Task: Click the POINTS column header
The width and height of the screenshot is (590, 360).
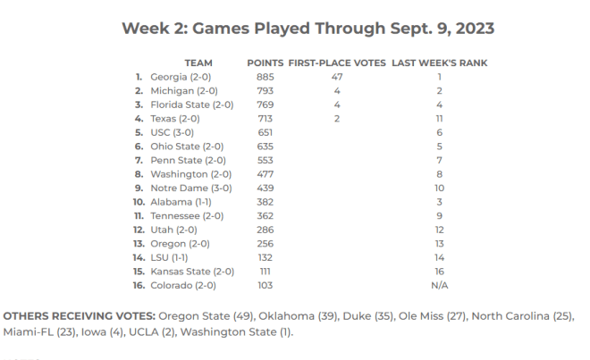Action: coord(265,63)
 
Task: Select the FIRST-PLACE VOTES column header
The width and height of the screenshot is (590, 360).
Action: coord(337,63)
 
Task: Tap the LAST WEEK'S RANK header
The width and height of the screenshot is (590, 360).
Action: coord(440,63)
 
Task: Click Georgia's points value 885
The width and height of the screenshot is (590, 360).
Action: coord(265,77)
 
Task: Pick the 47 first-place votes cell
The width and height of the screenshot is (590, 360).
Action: coord(337,77)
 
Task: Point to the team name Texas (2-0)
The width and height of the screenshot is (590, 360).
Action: coord(175,119)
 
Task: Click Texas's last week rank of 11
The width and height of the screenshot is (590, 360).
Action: coord(440,119)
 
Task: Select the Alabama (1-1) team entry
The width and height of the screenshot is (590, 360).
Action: coord(181,202)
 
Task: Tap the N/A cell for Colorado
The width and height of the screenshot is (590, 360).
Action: coord(440,286)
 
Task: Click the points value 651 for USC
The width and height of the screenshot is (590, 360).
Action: coord(265,132)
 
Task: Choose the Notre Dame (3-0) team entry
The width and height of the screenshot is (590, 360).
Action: coord(191,188)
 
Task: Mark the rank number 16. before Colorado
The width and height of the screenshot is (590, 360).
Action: coord(139,286)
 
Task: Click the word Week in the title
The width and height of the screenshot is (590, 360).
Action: coord(145,29)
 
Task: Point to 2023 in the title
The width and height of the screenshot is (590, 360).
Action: coord(475,29)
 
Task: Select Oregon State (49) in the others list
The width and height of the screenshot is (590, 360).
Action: coord(206,316)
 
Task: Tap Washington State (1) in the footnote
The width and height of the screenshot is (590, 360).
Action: coord(235,332)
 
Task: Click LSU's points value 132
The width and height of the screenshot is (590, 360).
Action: coord(265,257)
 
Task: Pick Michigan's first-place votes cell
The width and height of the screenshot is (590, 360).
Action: coord(337,90)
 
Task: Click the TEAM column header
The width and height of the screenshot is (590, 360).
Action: coord(198,63)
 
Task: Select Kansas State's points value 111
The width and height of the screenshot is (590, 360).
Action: coord(265,272)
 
